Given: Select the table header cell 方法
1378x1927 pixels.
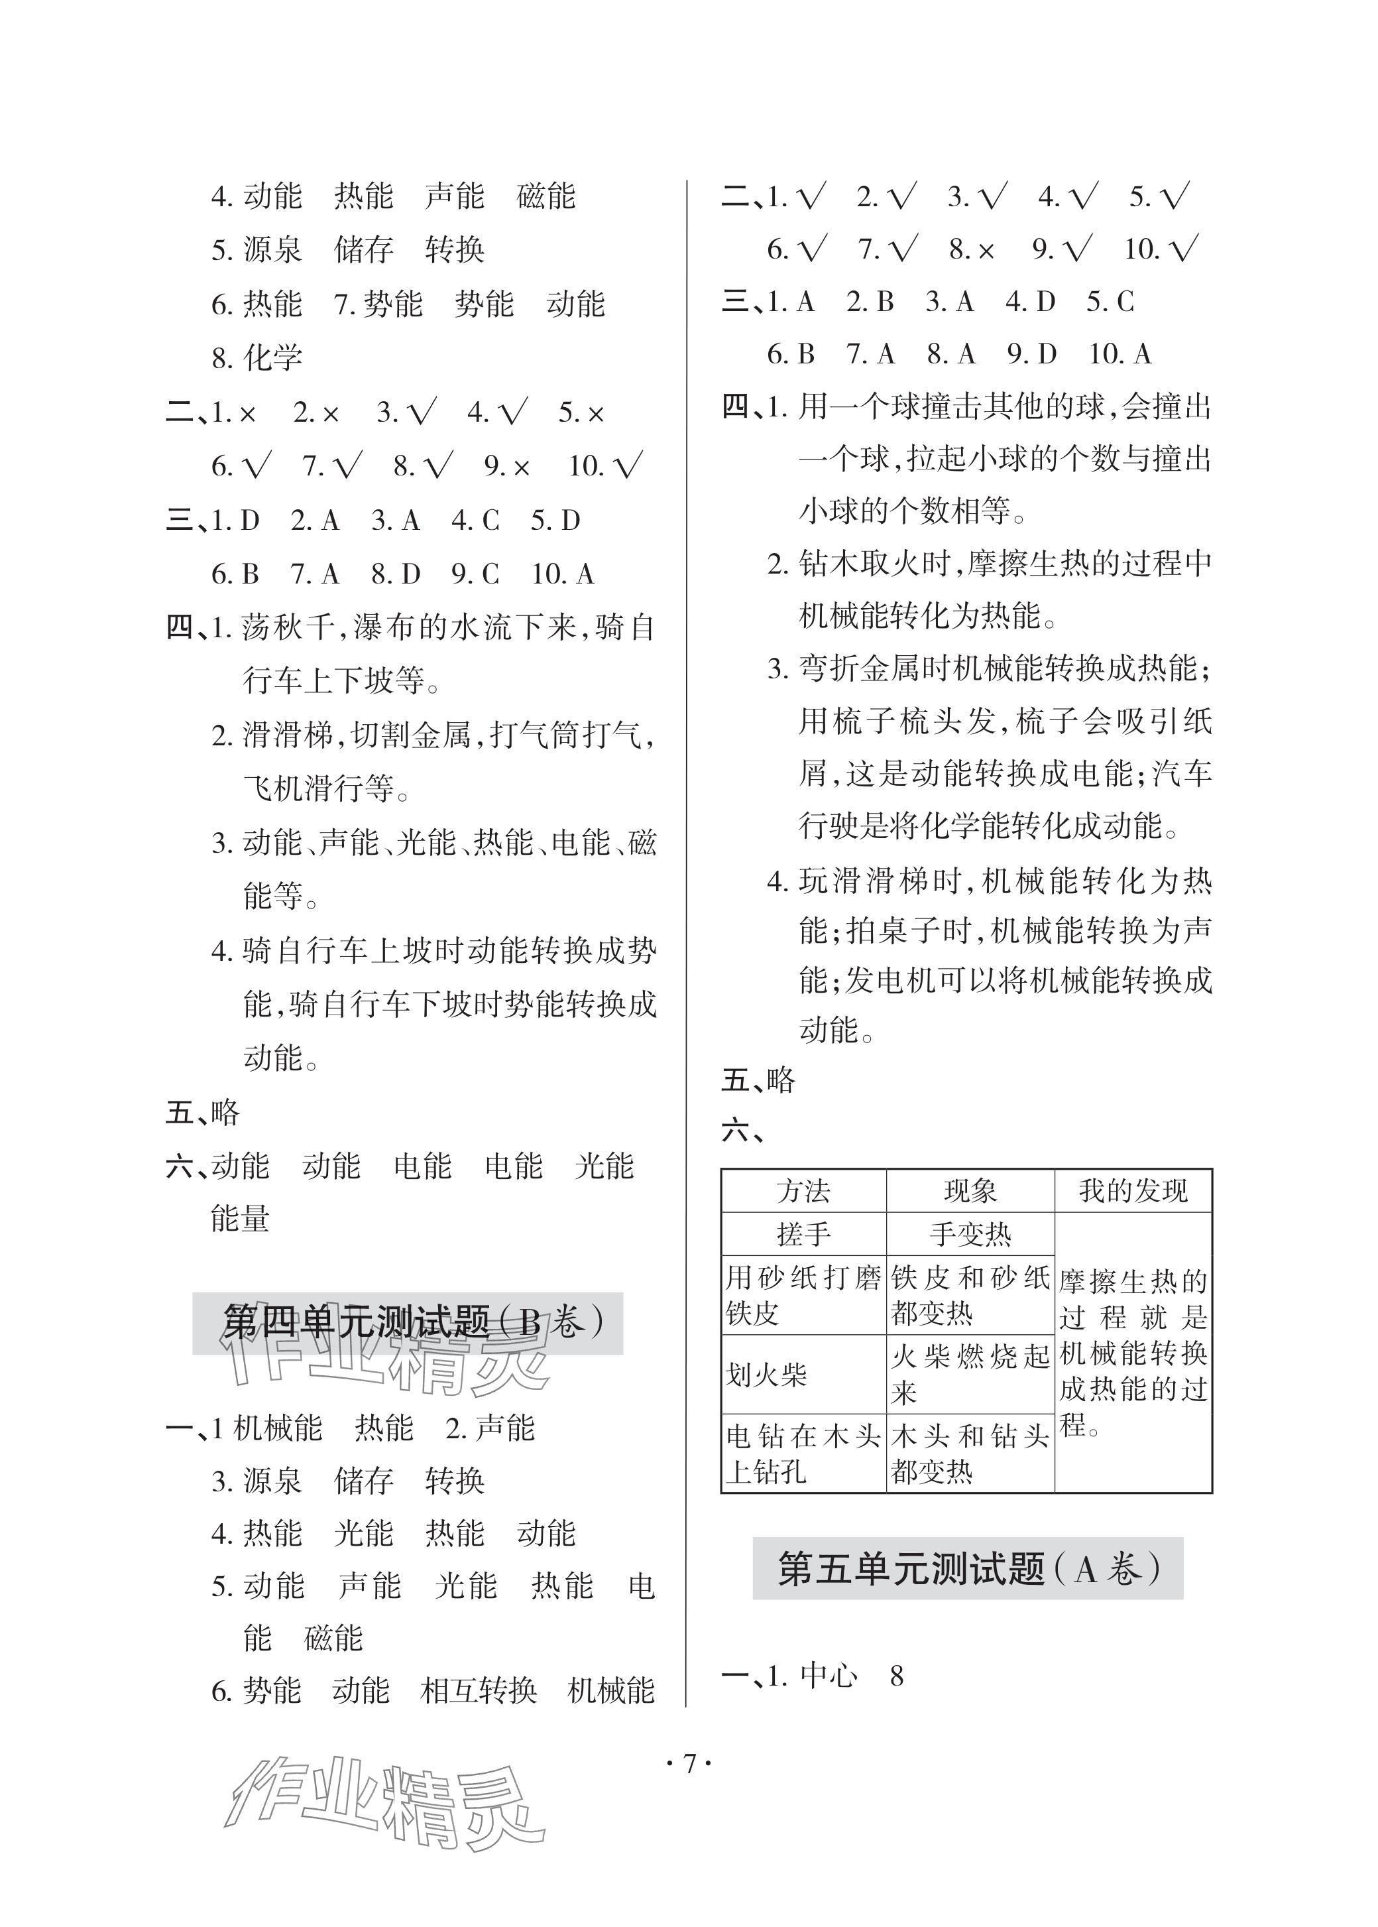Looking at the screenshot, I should tap(803, 1191).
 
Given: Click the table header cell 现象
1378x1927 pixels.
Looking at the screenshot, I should tap(970, 1191).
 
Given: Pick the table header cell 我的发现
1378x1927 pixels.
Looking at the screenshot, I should tap(1133, 1191).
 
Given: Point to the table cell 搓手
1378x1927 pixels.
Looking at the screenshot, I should tap(803, 1233).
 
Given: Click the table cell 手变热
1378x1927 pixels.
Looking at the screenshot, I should tap(970, 1233).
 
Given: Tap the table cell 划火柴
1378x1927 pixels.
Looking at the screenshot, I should tap(766, 1373).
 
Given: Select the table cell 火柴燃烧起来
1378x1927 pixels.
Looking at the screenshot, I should tap(970, 1373).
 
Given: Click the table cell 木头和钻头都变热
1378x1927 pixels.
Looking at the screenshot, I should tap(970, 1452).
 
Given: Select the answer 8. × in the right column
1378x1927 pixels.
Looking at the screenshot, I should tap(972, 249).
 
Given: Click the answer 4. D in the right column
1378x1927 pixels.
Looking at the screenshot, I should tap(1030, 301).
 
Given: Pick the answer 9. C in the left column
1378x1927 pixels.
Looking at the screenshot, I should tap(475, 574).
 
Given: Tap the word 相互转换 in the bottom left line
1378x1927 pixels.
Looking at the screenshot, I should tap(479, 1690).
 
